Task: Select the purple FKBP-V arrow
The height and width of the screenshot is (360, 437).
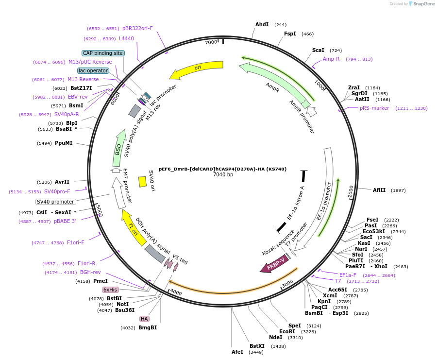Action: [274, 263]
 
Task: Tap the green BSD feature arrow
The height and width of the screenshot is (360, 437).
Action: [119, 148]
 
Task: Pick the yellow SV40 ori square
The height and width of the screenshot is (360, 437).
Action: [143, 182]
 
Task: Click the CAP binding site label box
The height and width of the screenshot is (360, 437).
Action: [103, 53]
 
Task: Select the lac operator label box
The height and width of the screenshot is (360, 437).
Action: [93, 70]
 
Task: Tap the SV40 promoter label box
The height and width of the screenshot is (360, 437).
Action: [55, 202]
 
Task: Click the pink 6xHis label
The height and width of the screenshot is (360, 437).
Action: [110, 290]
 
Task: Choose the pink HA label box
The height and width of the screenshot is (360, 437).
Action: [144, 319]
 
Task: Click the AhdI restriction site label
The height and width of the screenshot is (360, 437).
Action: [262, 25]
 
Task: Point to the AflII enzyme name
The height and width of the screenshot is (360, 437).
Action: [379, 190]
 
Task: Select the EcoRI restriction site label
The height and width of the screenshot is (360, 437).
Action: [287, 331]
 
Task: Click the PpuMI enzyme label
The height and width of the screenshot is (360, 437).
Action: [64, 143]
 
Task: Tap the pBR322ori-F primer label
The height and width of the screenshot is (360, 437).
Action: [137, 29]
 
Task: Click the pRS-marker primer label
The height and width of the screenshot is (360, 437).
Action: [374, 108]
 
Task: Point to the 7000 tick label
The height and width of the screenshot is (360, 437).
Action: [211, 42]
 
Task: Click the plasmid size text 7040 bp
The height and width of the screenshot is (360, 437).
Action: [223, 174]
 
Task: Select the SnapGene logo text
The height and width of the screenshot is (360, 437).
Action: [424, 3]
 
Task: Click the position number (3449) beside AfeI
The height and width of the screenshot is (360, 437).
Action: [256, 352]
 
